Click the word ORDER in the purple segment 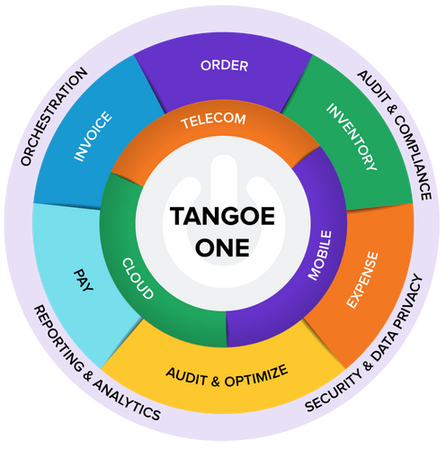(x=224, y=66)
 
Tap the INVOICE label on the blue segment (x=93, y=136)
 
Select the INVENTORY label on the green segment (x=352, y=137)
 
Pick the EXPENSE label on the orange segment (x=362, y=280)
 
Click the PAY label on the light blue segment (x=84, y=280)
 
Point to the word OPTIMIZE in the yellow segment (x=256, y=376)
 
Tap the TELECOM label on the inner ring (x=213, y=121)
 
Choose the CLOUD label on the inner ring (x=138, y=278)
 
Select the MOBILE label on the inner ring (x=320, y=256)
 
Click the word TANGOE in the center (x=222, y=216)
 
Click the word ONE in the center (x=222, y=247)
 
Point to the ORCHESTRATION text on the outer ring (x=54, y=117)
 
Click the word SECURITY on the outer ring (x=334, y=392)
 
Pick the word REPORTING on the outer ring (x=58, y=338)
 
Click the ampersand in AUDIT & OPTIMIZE (x=216, y=382)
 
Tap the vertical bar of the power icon (x=224, y=180)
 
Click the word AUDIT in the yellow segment (x=186, y=376)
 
